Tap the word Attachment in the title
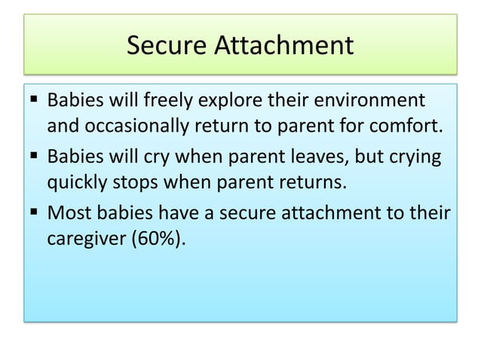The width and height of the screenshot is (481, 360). point(286,46)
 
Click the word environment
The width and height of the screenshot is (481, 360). point(371,101)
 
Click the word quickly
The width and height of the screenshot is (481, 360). point(78,182)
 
